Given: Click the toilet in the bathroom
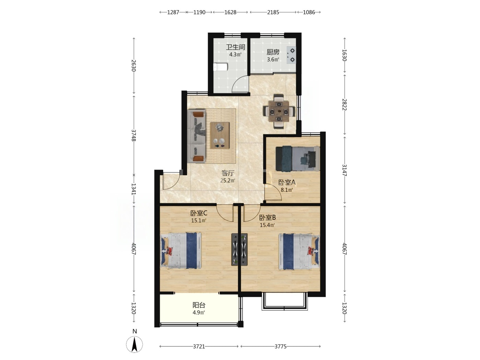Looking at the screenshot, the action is pyautogui.click(x=220, y=67).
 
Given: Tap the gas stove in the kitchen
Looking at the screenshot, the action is pyautogui.click(x=291, y=55).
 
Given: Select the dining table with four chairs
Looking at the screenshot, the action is pyautogui.click(x=279, y=111).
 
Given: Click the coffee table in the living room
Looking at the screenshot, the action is pyautogui.click(x=219, y=135).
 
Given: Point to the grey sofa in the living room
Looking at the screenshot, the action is pyautogui.click(x=196, y=136).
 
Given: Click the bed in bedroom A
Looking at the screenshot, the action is pyautogui.click(x=297, y=158).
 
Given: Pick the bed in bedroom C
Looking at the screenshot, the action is pyautogui.click(x=181, y=250).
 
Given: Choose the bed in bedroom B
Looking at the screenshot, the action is pyautogui.click(x=299, y=252).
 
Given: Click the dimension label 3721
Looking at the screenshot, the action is pyautogui.click(x=199, y=346).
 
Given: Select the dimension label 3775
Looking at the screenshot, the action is pyautogui.click(x=280, y=346).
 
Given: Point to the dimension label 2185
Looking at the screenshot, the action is pyautogui.click(x=273, y=12).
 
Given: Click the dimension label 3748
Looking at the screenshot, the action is pyautogui.click(x=134, y=135).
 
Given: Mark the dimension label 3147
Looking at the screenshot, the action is pyautogui.click(x=345, y=170).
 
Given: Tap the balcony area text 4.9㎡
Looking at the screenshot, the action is pyautogui.click(x=199, y=313).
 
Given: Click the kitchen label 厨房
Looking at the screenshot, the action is pyautogui.click(x=273, y=52).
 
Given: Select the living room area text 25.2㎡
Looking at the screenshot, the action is pyautogui.click(x=228, y=181).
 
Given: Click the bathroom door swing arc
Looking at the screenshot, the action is pyautogui.click(x=237, y=82).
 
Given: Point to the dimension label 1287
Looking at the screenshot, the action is pyautogui.click(x=173, y=12).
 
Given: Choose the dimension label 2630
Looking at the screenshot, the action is pyautogui.click(x=134, y=65).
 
